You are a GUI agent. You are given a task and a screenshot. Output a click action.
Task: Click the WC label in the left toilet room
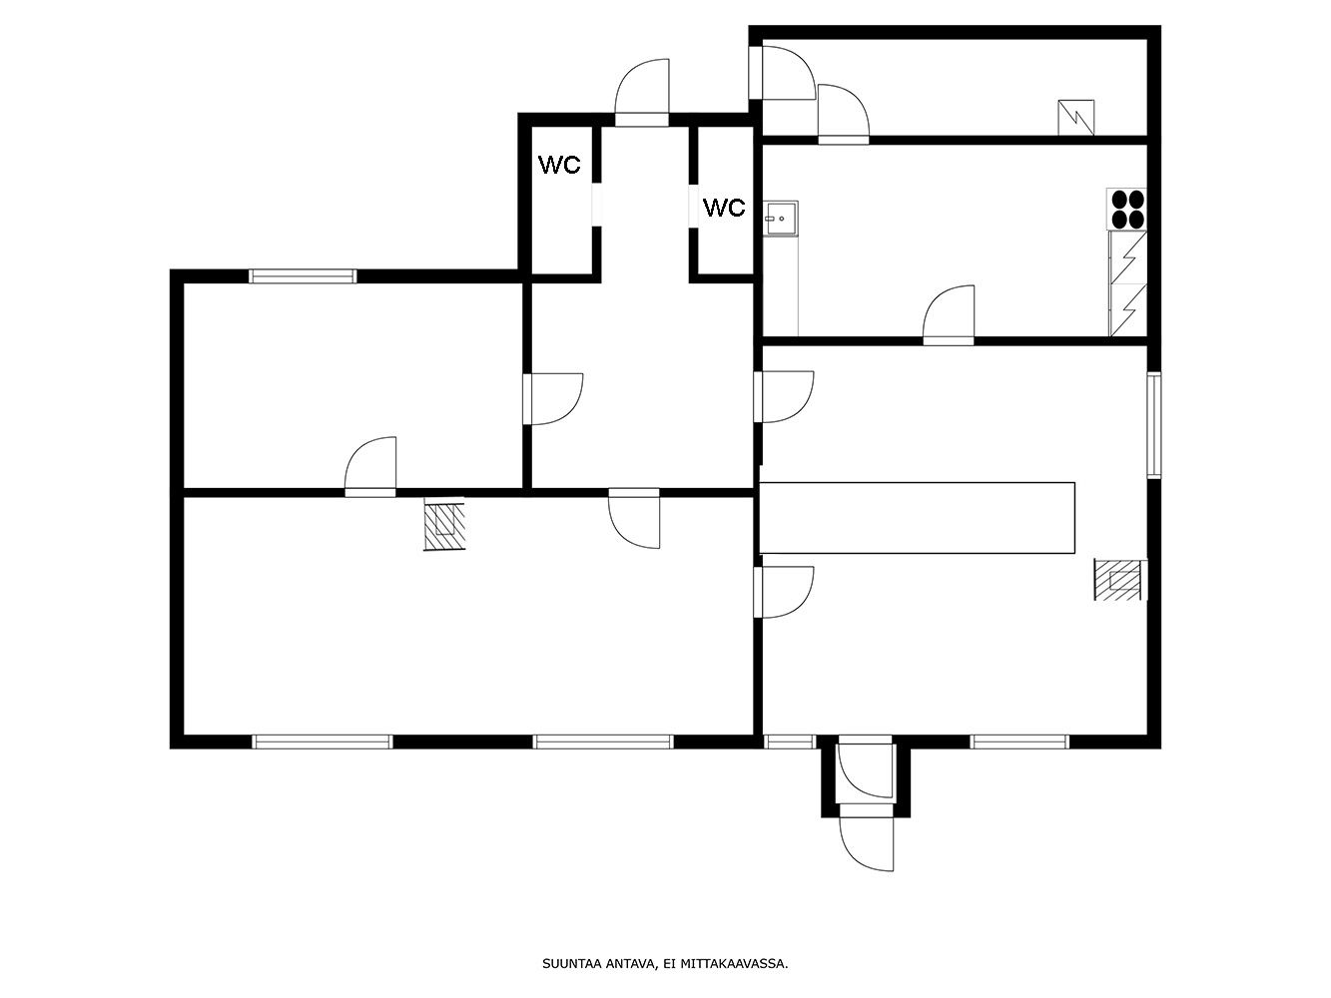click(x=559, y=165)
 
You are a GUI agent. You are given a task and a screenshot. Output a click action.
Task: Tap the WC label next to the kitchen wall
click(x=724, y=208)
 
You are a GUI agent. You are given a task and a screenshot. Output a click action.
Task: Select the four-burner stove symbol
click(x=1127, y=209)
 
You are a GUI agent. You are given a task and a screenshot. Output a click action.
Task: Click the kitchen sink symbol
click(x=781, y=219)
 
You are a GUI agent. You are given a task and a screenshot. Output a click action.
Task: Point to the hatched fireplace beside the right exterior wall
click(x=1120, y=579)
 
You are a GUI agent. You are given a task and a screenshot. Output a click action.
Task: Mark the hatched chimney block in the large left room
click(x=444, y=523)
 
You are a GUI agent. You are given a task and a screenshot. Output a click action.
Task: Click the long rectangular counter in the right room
click(x=917, y=518)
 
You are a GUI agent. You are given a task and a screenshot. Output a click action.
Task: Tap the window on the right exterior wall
click(x=1154, y=425)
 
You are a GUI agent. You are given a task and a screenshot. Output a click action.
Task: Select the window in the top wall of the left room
click(x=303, y=276)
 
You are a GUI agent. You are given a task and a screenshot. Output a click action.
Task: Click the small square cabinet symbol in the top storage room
click(x=1076, y=118)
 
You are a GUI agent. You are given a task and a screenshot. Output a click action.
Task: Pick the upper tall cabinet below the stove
click(x=1128, y=257)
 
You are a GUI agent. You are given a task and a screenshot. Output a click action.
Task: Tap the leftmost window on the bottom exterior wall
click(x=322, y=742)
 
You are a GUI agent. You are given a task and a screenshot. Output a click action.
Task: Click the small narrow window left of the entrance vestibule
click(x=789, y=742)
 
